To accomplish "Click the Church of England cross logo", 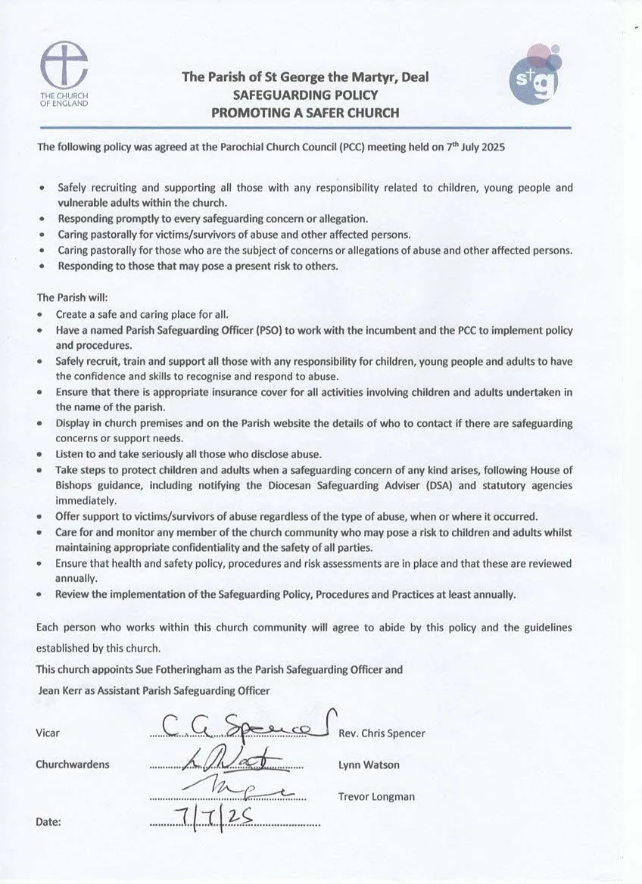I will point(64,64).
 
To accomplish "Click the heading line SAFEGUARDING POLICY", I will point(305,95).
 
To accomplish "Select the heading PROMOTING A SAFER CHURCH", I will point(305,114).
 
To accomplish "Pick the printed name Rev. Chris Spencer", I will point(382,733).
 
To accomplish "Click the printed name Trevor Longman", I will point(376,796).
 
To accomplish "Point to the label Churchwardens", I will point(72,764).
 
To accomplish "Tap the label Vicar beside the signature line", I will point(48,733).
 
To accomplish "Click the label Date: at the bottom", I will point(49,821).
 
